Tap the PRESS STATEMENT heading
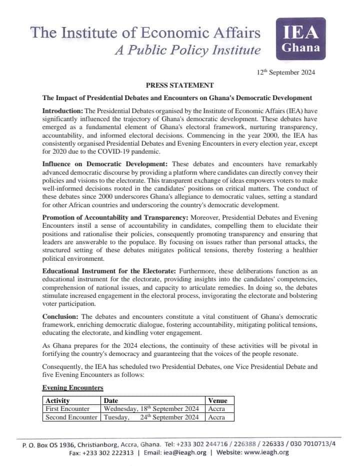click(179, 85)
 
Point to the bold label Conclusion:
click(60, 317)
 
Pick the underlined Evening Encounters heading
click(72, 388)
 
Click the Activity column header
click(57, 400)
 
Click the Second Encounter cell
click(71, 417)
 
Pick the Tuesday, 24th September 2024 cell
click(151, 417)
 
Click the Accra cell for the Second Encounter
click(216, 417)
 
